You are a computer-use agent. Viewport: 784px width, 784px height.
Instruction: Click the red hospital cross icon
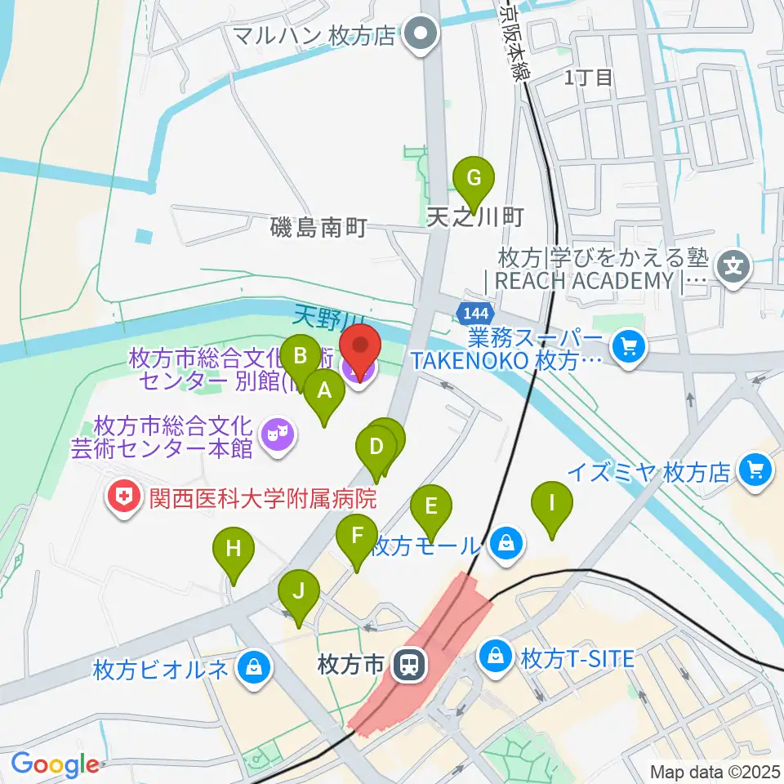tap(125, 497)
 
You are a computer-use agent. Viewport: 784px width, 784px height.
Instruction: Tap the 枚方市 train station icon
tap(408, 666)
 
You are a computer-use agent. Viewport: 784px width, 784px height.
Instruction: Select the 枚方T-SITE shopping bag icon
tap(496, 654)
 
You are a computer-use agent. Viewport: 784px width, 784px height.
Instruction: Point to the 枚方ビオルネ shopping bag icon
tap(255, 668)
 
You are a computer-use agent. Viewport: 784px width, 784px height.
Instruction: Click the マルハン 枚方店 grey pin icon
tap(422, 35)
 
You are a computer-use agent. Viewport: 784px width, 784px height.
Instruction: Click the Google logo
tap(55, 764)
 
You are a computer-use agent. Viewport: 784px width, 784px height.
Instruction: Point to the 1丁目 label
tap(588, 78)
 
